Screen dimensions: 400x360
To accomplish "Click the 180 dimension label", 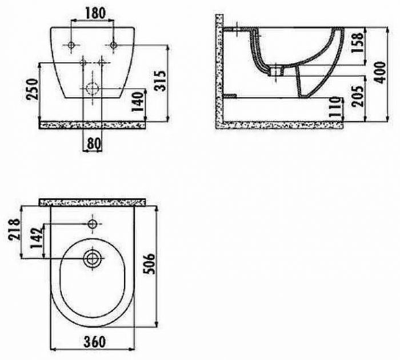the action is tap(95, 13).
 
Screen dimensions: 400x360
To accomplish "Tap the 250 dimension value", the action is tap(33, 89).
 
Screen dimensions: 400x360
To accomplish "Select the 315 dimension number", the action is tap(161, 81).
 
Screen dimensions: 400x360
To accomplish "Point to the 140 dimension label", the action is tap(138, 102).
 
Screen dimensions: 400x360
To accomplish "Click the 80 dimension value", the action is tap(93, 143).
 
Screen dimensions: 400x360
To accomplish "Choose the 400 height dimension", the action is tap(380, 72).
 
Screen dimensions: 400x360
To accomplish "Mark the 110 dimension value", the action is tap(335, 107).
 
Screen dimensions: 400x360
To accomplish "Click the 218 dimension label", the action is tap(14, 229).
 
